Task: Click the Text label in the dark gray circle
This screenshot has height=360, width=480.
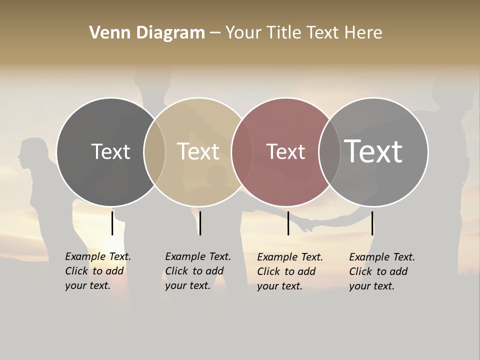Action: coord(110,151)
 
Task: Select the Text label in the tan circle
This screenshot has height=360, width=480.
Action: coord(198,151)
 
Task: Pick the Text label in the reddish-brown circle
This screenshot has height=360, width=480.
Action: coord(285,151)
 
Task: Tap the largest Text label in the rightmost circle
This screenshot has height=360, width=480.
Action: coord(373,151)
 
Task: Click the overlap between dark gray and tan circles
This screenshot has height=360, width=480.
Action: coord(154,152)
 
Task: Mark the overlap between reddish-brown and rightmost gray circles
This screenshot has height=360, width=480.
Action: coord(329,152)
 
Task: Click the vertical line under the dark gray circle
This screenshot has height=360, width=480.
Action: coord(112,223)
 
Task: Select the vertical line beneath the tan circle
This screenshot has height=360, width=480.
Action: coord(200,223)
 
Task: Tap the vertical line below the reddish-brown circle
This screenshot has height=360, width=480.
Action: coord(288,223)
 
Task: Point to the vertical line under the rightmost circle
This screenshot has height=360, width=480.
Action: coord(372,223)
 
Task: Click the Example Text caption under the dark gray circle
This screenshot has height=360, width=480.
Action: coord(98,271)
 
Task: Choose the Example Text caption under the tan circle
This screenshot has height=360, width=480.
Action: coord(198,271)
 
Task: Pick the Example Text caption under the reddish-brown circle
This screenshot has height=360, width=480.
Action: coord(290,271)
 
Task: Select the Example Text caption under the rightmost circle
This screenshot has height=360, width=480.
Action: coord(382,271)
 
